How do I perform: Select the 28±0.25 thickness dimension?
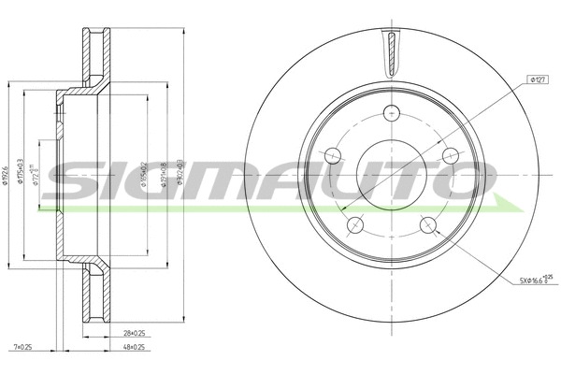[135, 333]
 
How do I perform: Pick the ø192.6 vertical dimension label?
[7, 173]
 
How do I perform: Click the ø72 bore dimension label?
[37, 173]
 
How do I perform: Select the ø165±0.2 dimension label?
[143, 173]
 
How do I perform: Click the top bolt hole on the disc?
[392, 113]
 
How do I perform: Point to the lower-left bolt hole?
[355, 224]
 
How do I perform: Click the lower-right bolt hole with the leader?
[427, 224]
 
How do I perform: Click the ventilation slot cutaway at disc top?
[392, 49]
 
